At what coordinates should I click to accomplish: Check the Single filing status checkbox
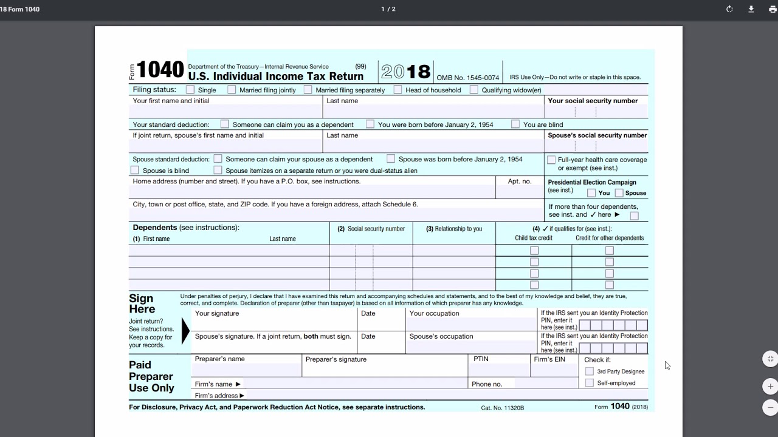pyautogui.click(x=190, y=90)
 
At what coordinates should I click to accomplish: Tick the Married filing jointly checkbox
pyautogui.click(x=232, y=90)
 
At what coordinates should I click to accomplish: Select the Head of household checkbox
pyautogui.click(x=398, y=90)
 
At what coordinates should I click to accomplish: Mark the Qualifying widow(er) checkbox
pyautogui.click(x=474, y=90)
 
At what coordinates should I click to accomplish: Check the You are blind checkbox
pyautogui.click(x=515, y=124)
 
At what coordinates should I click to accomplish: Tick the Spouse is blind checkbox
pyautogui.click(x=135, y=171)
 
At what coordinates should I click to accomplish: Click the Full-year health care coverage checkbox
pyautogui.click(x=551, y=160)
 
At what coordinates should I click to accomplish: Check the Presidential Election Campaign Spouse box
pyautogui.click(x=619, y=193)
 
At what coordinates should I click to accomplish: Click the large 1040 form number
pyautogui.click(x=160, y=70)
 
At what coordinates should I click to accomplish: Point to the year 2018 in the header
pyautogui.click(x=406, y=72)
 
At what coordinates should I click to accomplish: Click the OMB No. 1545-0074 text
pyautogui.click(x=467, y=78)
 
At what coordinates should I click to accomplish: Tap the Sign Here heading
pyautogui.click(x=142, y=303)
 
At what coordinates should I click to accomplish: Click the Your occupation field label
pyautogui.click(x=434, y=314)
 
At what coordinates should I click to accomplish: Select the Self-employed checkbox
pyautogui.click(x=590, y=383)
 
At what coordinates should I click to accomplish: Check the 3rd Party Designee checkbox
pyautogui.click(x=590, y=371)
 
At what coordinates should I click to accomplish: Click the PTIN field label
pyautogui.click(x=481, y=359)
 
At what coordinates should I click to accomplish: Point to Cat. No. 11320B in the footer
pyautogui.click(x=502, y=408)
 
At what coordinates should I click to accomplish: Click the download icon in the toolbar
pyautogui.click(x=751, y=9)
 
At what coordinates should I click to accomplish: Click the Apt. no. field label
pyautogui.click(x=519, y=181)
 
